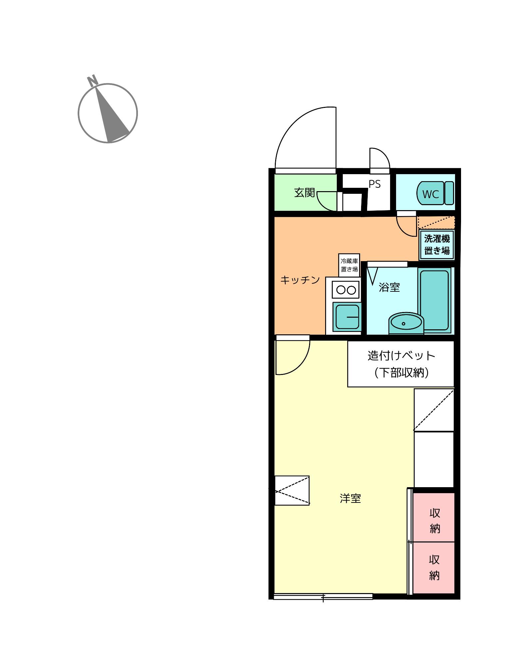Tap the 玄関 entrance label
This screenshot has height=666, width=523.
tap(304, 192)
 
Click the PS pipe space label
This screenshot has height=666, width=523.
tap(374, 184)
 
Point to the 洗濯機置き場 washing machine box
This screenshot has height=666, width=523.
tap(437, 245)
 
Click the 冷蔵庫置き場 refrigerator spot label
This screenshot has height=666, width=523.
tap(349, 265)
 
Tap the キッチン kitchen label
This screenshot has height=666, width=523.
tap(300, 280)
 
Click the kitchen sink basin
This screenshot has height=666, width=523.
tap(347, 317)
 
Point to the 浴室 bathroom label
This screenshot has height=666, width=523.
tap(389, 287)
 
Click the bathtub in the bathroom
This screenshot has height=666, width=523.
tap(434, 300)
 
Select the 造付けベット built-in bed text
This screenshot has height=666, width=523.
tap(401, 356)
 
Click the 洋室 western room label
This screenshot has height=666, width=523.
tap(350, 499)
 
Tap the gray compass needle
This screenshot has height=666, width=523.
tap(112, 113)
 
